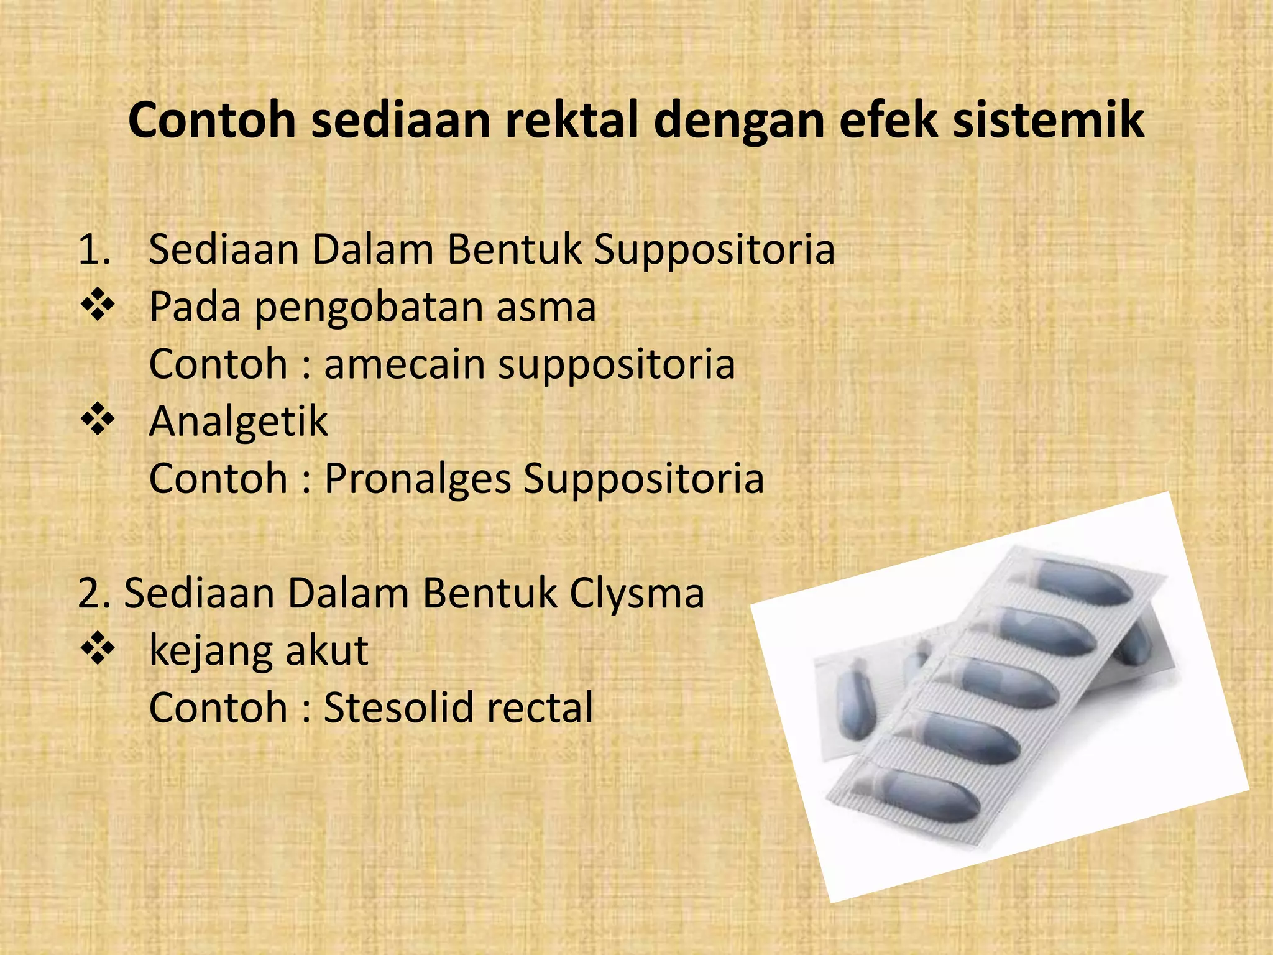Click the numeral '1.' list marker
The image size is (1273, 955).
coord(94,249)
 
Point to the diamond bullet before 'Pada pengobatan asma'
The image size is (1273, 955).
coord(98,307)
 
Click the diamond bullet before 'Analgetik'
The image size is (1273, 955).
coord(98,421)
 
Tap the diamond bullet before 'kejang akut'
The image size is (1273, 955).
coord(98,650)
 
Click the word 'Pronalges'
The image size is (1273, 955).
coord(418,479)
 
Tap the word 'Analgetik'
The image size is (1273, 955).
coord(238,422)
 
